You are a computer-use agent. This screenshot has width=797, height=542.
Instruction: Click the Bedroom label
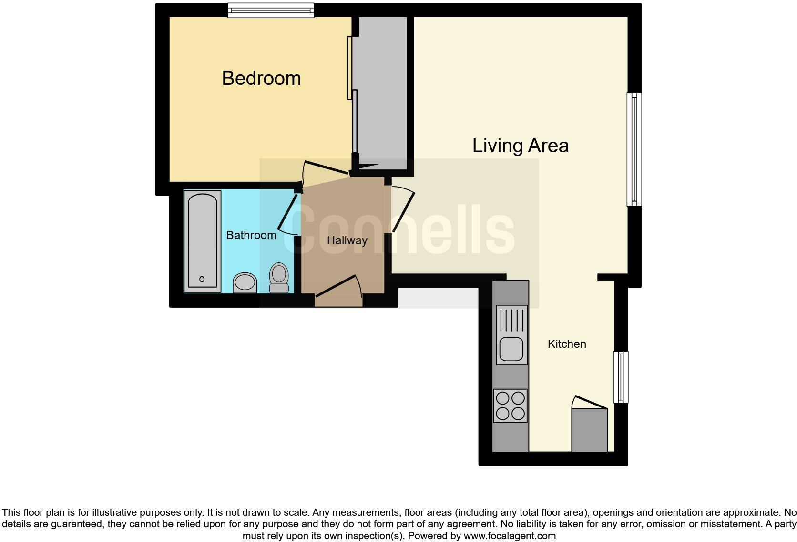(261, 78)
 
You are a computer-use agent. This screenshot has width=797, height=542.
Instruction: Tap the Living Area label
(520, 146)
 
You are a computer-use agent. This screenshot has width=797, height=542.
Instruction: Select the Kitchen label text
(566, 344)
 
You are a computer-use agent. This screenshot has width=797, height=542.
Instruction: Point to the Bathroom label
(251, 235)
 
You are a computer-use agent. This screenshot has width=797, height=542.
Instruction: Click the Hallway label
(347, 240)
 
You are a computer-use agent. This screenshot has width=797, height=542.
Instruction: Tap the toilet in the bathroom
(279, 278)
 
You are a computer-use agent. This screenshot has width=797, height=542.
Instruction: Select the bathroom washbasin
(245, 282)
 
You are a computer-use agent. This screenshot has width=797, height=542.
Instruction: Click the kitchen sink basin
(511, 349)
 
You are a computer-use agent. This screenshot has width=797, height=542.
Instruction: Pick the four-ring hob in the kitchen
(511, 406)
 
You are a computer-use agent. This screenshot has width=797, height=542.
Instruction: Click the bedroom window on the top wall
(271, 10)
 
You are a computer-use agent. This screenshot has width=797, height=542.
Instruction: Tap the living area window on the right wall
(634, 149)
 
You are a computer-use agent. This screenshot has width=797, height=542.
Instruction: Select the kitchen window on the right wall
(620, 377)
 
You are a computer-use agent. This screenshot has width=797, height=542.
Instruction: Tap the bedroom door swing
(327, 169)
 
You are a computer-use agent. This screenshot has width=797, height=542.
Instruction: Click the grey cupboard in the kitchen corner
(590, 429)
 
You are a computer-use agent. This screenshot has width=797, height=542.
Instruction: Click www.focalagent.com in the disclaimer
(509, 536)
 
